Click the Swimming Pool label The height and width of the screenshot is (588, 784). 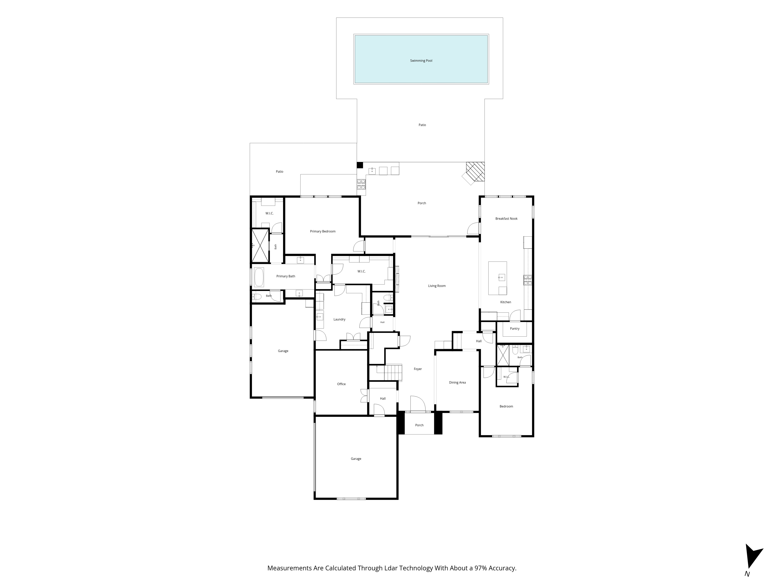(421, 61)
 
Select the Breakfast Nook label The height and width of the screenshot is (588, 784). (506, 219)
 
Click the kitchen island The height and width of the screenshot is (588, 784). (498, 278)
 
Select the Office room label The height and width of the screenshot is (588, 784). (341, 384)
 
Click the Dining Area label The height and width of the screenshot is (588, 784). (457, 382)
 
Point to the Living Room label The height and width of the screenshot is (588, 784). (437, 286)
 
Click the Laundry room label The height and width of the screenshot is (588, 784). (339, 319)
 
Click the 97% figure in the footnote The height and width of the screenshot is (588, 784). (481, 568)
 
